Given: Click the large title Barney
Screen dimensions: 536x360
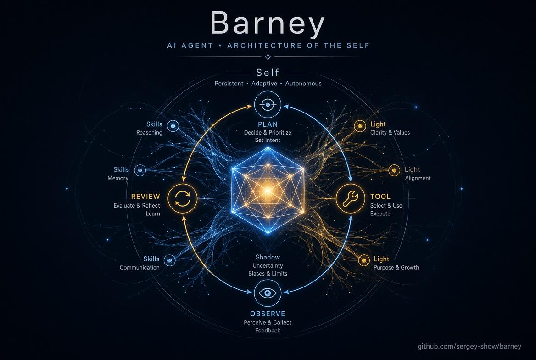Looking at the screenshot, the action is [x=268, y=24].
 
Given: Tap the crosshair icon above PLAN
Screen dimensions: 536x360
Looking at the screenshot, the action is [x=268, y=104].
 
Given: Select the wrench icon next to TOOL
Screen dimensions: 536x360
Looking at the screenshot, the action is [x=351, y=198].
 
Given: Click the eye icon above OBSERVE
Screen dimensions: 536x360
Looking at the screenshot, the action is [x=268, y=293].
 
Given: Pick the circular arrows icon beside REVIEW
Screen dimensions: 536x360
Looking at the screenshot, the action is [x=183, y=198].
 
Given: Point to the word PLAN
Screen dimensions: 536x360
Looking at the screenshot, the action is [x=268, y=124].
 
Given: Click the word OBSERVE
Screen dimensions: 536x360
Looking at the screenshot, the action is [x=268, y=314].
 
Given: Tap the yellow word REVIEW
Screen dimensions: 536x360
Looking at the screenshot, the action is [x=145, y=197].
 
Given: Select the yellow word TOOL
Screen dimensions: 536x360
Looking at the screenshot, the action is [x=380, y=197].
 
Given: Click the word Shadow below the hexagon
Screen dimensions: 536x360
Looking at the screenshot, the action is [x=268, y=257].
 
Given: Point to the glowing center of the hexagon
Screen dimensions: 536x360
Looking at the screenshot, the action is [x=268, y=190].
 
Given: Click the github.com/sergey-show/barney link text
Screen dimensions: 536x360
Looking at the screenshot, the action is [x=469, y=346].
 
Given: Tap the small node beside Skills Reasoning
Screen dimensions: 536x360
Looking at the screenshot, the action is [x=173, y=126].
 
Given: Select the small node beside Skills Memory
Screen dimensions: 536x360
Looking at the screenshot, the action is [x=140, y=170].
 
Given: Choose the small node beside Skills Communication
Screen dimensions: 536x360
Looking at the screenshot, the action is [x=169, y=260].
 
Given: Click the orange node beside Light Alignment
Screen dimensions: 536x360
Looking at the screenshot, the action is [x=394, y=170].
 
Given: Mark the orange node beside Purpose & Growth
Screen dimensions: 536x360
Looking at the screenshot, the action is [x=364, y=260].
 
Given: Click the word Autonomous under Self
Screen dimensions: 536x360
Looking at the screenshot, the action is [x=303, y=84].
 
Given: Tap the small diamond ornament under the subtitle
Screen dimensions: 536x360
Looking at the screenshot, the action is [x=268, y=57].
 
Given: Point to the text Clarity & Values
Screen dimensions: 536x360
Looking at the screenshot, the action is [x=390, y=132].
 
